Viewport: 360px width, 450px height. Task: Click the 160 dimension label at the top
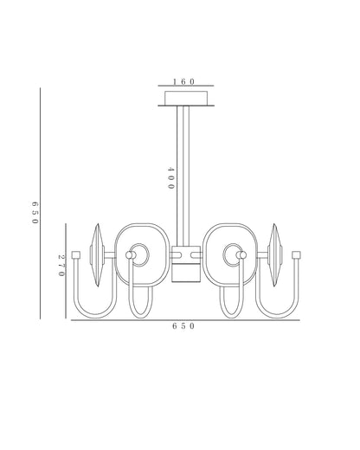pos(183,81)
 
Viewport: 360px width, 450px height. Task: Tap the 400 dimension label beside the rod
pos(171,178)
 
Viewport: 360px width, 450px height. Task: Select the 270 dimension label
pos(61,265)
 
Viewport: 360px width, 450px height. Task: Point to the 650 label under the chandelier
pos(183,326)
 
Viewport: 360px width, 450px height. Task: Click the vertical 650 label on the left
pos(35,213)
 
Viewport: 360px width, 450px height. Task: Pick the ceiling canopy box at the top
pos(186,98)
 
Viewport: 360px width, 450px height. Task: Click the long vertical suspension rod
pos(183,176)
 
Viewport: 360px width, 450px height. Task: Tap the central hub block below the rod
pos(186,264)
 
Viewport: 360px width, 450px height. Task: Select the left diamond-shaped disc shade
pos(98,255)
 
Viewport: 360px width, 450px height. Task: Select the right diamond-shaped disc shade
pos(275,255)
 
